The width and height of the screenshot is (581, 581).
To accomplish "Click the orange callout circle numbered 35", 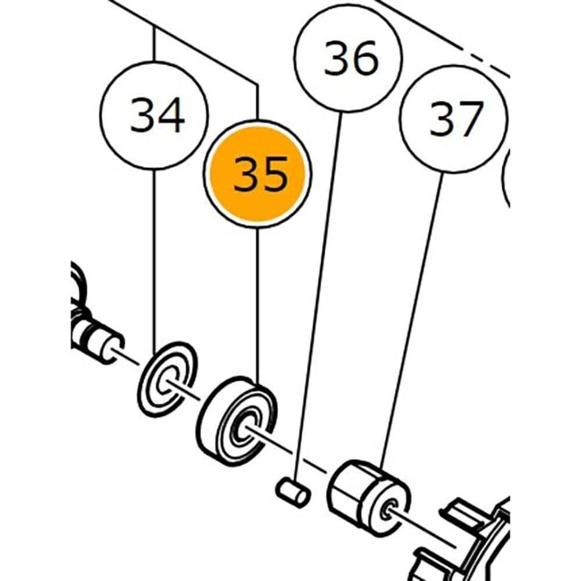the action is click(x=257, y=174).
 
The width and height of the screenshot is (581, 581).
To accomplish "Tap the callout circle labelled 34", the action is click(x=154, y=115).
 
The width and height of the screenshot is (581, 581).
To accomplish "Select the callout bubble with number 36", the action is click(x=349, y=57).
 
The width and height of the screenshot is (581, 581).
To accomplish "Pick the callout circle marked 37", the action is click(x=454, y=119).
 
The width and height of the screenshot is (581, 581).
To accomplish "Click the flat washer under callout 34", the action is click(x=167, y=379).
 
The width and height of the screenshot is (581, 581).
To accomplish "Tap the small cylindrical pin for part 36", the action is click(x=293, y=493).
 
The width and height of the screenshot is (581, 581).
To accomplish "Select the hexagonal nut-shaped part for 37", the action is click(x=368, y=498).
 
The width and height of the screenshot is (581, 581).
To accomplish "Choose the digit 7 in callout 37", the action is click(x=469, y=119).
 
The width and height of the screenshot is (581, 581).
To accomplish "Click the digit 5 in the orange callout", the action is click(x=274, y=174).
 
